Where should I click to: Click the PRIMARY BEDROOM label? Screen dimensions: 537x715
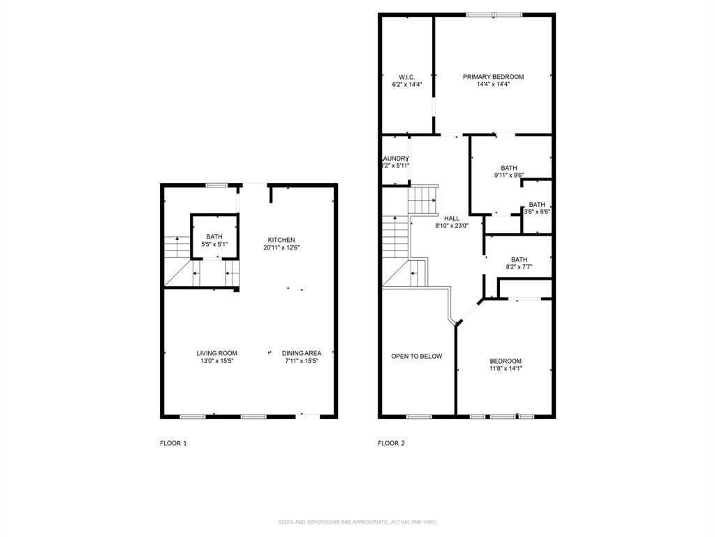click(x=493, y=77)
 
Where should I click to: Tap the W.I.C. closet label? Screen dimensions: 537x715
click(x=407, y=77)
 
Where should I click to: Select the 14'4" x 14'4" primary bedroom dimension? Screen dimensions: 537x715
click(x=493, y=85)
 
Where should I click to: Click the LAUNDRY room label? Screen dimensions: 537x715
click(x=396, y=159)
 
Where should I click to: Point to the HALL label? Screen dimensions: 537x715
click(x=451, y=218)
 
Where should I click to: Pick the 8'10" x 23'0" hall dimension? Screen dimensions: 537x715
click(x=451, y=226)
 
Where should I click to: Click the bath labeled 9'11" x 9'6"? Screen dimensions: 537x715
click(x=508, y=168)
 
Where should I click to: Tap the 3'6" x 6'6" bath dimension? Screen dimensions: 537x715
click(x=537, y=212)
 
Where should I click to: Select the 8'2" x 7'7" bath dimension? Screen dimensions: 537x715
click(x=519, y=267)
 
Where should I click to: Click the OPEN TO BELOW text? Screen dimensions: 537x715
click(x=416, y=357)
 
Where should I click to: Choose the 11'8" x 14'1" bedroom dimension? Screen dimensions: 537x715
click(x=505, y=368)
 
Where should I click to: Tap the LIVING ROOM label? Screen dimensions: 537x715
click(x=216, y=353)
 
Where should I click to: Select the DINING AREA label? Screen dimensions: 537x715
click(x=302, y=353)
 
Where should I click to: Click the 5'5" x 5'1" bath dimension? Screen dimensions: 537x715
click(x=214, y=245)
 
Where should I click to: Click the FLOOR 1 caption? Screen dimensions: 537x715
click(x=173, y=443)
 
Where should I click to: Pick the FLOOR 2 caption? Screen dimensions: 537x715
click(x=391, y=443)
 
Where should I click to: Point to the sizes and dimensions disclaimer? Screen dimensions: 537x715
click(x=357, y=522)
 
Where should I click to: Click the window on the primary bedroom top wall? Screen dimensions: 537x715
click(x=494, y=14)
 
